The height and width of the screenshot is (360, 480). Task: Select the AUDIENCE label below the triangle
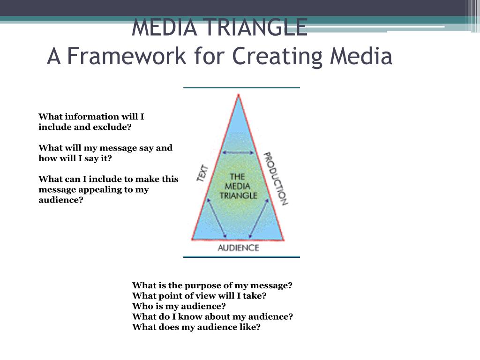pyautogui.click(x=238, y=247)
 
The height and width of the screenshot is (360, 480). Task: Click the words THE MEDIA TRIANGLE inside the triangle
pyautogui.click(x=238, y=186)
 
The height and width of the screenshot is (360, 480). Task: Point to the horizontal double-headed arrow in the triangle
pyautogui.click(x=239, y=152)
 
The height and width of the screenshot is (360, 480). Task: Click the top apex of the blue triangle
pyautogui.click(x=239, y=95)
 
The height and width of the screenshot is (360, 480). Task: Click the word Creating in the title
pyautogui.click(x=277, y=57)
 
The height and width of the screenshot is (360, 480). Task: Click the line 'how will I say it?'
pyautogui.click(x=75, y=158)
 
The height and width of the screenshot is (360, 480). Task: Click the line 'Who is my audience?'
pyautogui.click(x=179, y=306)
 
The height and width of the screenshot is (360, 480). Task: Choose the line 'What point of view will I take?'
pyautogui.click(x=199, y=296)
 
